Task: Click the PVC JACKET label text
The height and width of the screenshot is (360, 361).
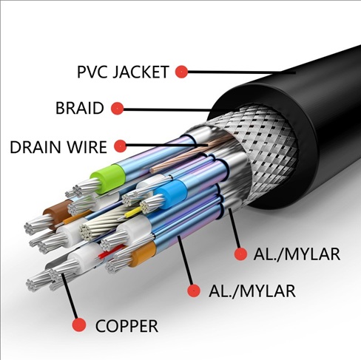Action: point(123,72)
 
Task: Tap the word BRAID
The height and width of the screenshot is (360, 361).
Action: point(80,108)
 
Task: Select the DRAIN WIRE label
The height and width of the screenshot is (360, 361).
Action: point(58,147)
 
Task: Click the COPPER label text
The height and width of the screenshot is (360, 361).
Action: point(126,326)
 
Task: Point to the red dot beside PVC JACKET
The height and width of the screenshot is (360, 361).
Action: point(181,72)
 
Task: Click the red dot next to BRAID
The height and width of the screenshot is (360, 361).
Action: point(117,109)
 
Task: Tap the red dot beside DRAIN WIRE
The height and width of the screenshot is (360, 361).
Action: point(121,146)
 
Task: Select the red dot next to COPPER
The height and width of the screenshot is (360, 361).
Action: point(79,325)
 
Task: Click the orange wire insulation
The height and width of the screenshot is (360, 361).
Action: point(144,254)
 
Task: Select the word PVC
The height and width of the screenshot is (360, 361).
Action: point(90,72)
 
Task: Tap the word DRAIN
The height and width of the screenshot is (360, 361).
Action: point(36,147)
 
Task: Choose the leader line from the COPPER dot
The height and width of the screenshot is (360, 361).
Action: point(70,296)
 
